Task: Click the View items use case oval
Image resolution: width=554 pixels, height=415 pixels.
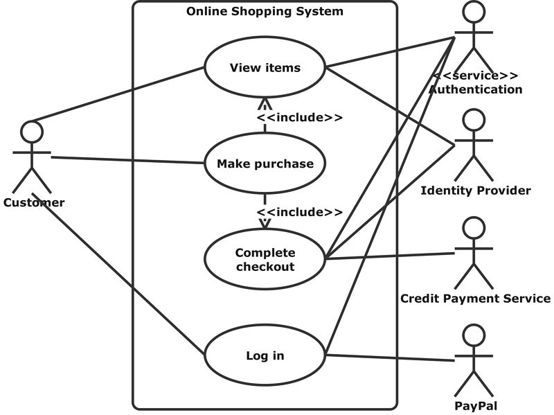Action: point(265,67)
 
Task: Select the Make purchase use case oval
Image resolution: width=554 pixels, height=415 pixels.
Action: point(265,164)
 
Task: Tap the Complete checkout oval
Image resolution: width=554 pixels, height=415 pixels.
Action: point(265,259)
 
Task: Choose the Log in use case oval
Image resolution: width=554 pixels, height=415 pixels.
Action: point(265,355)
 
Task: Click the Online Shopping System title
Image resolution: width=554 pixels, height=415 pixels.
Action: point(265,12)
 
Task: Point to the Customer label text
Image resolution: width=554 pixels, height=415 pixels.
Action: point(34,203)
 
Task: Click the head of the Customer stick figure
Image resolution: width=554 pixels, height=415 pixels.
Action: point(32,131)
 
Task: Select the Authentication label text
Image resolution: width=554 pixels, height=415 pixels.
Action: point(476,89)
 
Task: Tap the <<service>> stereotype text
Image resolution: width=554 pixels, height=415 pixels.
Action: point(476,76)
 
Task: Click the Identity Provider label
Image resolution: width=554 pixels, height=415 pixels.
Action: point(476,191)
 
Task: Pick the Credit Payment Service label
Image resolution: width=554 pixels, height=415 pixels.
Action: point(476,299)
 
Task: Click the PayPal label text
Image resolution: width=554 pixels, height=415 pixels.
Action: point(476,407)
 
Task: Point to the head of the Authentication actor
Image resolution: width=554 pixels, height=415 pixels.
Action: point(474,12)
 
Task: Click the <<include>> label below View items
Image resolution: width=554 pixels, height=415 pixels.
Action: point(299,117)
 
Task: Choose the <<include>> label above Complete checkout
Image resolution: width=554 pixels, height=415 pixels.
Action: point(299,212)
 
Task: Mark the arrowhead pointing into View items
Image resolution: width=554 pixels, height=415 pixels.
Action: point(265,105)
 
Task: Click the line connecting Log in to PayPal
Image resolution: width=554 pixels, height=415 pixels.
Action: point(391,358)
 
